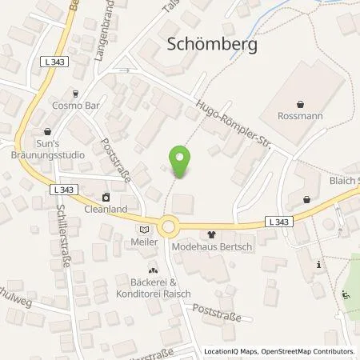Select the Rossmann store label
tap(300, 115)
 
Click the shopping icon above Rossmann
tap(300, 103)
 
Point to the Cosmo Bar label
tap(74, 106)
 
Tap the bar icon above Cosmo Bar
tap(74, 94)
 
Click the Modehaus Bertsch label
tap(211, 247)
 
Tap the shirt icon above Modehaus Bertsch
tap(211, 235)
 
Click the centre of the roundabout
tap(169, 226)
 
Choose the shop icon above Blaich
tap(308, 199)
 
